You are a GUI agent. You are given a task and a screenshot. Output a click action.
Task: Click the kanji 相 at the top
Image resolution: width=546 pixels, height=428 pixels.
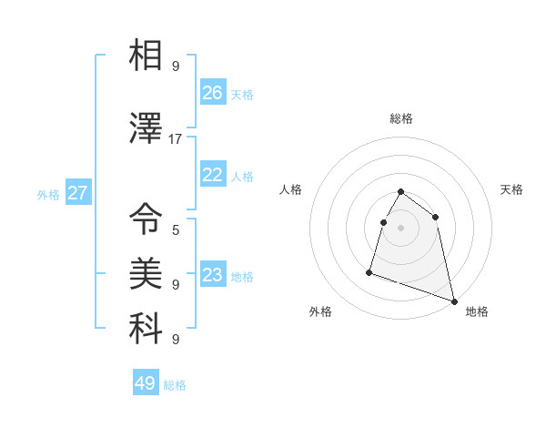pos(146,56)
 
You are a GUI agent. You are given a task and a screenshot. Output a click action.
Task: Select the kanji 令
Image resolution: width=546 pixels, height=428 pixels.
pos(146,218)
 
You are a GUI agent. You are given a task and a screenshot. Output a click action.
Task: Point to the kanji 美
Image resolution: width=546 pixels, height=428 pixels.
pos(146,271)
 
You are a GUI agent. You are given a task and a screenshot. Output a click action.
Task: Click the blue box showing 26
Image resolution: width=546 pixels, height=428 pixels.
pos(213,93)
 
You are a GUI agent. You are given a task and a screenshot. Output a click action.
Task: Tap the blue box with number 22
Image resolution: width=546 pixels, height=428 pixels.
pos(213,176)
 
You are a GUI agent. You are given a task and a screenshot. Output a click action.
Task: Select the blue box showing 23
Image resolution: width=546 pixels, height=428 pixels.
pos(213,275)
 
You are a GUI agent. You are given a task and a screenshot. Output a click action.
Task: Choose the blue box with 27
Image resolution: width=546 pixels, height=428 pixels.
pos(78,193)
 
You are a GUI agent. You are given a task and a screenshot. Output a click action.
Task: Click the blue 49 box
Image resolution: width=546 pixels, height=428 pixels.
pos(146,383)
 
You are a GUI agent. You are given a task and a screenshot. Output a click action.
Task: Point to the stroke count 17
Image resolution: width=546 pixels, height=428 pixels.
pos(176,139)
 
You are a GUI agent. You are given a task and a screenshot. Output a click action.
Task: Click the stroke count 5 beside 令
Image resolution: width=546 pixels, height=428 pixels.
pos(176,229)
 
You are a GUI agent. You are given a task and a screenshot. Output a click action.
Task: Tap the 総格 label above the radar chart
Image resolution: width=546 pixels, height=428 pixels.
pos(401,118)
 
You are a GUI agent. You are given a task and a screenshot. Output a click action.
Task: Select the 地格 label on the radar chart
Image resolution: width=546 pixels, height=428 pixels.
pos(477,311)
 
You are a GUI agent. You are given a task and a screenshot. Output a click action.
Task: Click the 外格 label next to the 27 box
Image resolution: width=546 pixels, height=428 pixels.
pos(48,194)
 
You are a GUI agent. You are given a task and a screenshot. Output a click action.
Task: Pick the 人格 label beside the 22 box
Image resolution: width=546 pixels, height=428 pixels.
pos(243,177)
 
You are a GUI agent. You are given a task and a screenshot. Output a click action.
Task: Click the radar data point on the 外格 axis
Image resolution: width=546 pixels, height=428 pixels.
pos(369,271)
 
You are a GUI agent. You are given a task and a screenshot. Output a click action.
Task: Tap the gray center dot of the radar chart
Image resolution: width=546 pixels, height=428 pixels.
pos(401,228)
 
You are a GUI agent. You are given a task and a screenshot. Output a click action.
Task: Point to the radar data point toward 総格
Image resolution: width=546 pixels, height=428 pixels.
pos(401,192)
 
